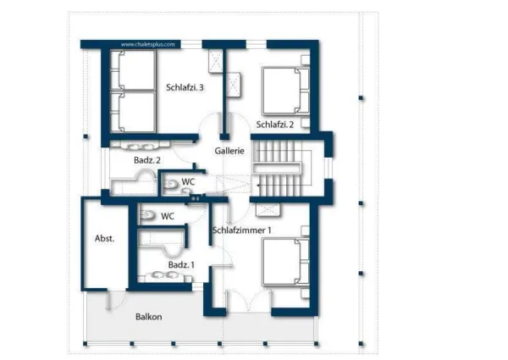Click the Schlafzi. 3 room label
click(185, 86)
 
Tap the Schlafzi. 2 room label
click(274, 125)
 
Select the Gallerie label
click(229, 150)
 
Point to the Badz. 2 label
click(147, 159)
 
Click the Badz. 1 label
click(180, 265)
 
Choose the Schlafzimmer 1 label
click(242, 230)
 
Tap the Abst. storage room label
click(104, 239)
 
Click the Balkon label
click(148, 317)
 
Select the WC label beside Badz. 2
click(188, 181)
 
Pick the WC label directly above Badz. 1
click(168, 216)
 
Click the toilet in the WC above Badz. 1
click(147, 215)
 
